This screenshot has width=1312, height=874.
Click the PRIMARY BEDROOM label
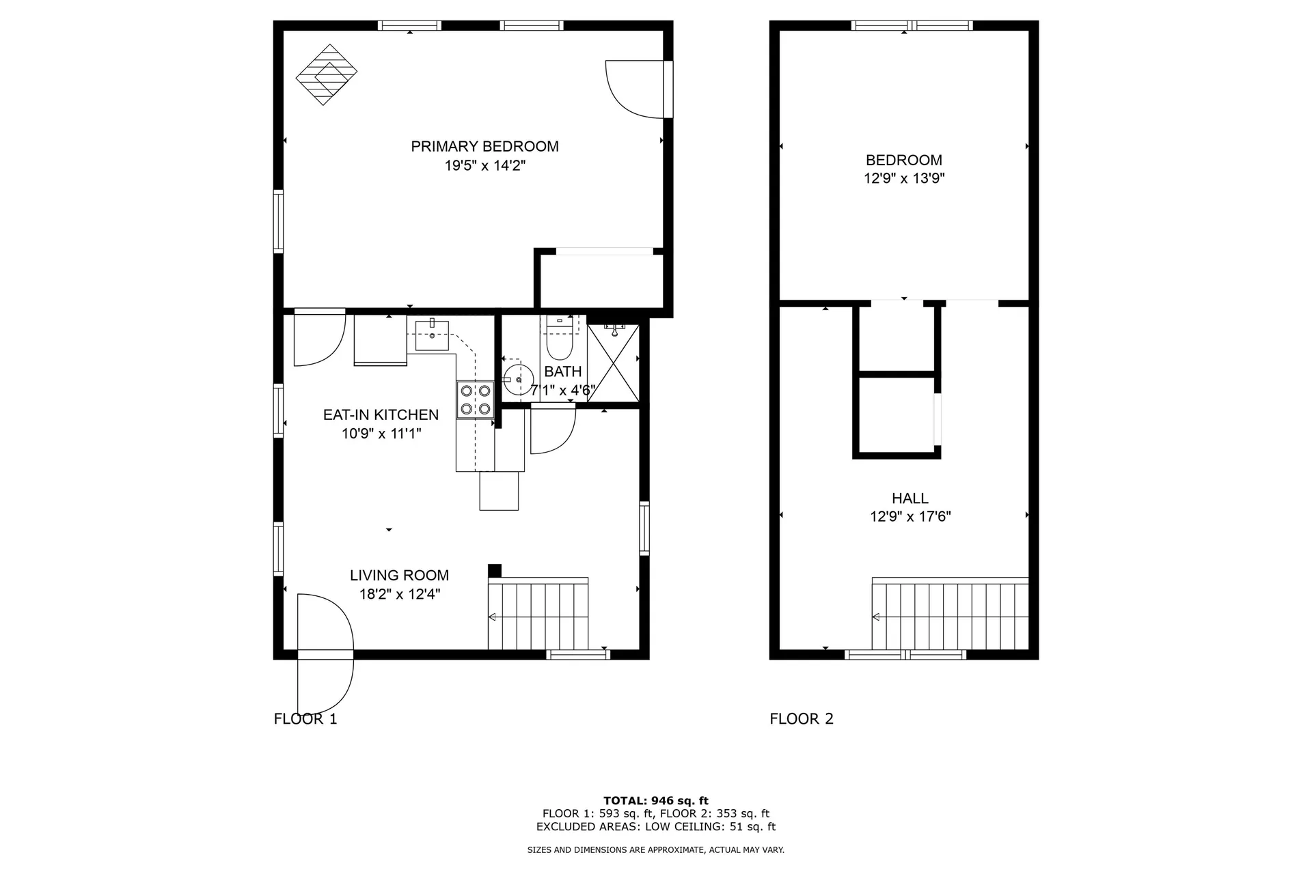tap(484, 146)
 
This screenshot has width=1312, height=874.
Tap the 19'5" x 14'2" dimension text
tap(484, 165)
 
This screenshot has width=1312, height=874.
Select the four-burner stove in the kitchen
tap(476, 399)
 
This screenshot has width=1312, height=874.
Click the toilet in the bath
tap(559, 345)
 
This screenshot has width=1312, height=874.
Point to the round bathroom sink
tap(517, 378)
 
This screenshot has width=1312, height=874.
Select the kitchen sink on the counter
tap(432, 335)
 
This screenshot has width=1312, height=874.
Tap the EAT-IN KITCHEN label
tap(381, 414)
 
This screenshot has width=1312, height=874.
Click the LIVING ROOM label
tap(399, 576)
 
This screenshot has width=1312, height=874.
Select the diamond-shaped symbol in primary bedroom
tap(327, 74)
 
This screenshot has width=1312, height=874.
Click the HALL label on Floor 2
tap(910, 498)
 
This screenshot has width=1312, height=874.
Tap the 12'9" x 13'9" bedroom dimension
tap(903, 179)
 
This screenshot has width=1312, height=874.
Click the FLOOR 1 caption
tap(305, 719)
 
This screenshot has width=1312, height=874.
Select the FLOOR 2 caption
tap(801, 719)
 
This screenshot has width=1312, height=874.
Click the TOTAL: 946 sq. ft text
tap(655, 800)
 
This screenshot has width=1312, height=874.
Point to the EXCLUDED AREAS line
tap(655, 827)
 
